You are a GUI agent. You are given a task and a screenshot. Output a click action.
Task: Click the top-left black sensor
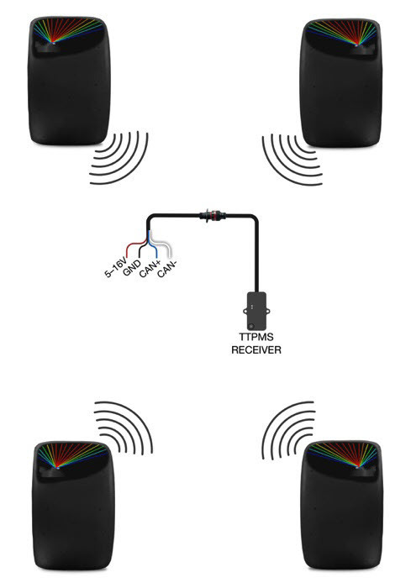pyautogui.click(x=70, y=81)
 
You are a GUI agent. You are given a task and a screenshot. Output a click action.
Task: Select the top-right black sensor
pyautogui.click(x=341, y=82)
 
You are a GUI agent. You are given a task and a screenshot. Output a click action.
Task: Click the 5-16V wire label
pyautogui.click(x=116, y=267)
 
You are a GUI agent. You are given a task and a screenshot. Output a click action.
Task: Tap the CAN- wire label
pyautogui.click(x=166, y=269)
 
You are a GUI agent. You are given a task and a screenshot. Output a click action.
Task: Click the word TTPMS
pyautogui.click(x=256, y=337)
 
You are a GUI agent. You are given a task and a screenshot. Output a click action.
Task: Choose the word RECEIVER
pyautogui.click(x=256, y=350)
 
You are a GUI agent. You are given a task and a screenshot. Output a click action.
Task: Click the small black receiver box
pyautogui.click(x=257, y=311)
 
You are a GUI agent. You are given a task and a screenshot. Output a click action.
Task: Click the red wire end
pyautogui.click(x=128, y=255)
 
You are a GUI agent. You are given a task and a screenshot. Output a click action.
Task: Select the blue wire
pyautogui.click(x=152, y=245)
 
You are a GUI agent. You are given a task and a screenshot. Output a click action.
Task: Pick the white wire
pyautogui.click(x=164, y=245)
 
